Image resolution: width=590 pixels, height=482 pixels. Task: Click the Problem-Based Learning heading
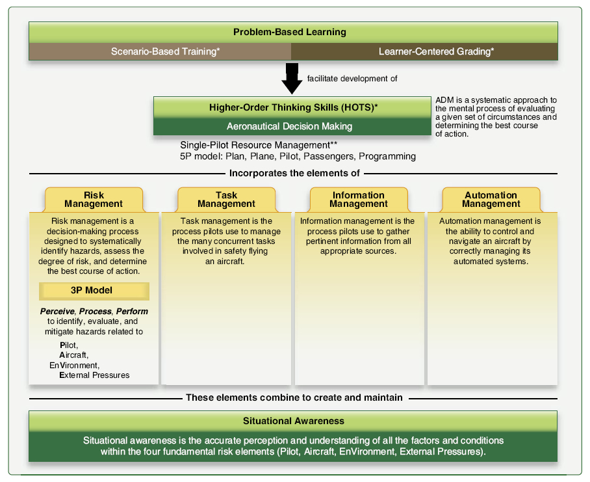click(x=290, y=32)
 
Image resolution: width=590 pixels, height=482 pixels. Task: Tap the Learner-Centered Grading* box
click(x=424, y=51)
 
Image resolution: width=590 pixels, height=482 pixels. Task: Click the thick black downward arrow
click(x=292, y=78)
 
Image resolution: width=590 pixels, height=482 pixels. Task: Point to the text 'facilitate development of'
click(x=352, y=79)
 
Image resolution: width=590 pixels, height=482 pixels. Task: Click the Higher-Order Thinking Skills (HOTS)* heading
click(x=292, y=107)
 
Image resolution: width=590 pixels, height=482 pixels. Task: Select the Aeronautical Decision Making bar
click(x=292, y=126)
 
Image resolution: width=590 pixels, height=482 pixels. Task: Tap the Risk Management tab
click(x=94, y=199)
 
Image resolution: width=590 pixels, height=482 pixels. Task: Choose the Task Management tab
click(x=226, y=199)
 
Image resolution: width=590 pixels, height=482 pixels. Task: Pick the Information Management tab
click(x=359, y=199)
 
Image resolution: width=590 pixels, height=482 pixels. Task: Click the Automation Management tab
click(x=491, y=199)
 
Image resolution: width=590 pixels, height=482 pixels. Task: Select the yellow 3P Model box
click(x=94, y=291)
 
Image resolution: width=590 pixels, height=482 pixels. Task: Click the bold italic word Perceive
click(x=57, y=312)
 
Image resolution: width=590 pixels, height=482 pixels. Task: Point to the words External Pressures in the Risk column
click(x=94, y=375)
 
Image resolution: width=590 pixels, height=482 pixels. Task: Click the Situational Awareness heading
click(x=293, y=421)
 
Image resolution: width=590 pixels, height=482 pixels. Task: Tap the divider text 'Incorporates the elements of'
click(x=294, y=174)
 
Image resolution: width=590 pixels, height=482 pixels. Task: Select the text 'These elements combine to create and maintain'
click(x=294, y=397)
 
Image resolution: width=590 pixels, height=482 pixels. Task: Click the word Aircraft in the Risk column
click(x=73, y=355)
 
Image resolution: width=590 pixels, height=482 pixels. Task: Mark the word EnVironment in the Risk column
click(x=74, y=365)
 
